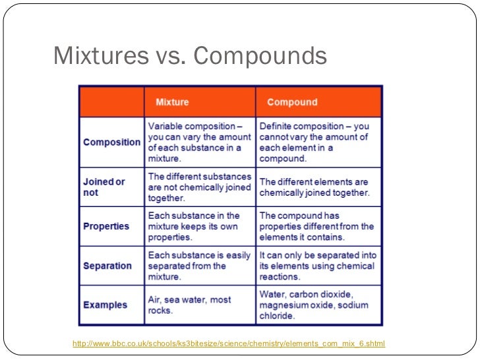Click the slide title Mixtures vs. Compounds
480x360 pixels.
click(x=190, y=56)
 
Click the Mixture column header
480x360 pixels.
click(x=172, y=102)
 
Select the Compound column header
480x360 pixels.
click(x=292, y=102)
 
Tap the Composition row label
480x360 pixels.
click(x=111, y=142)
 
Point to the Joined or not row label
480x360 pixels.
click(x=104, y=187)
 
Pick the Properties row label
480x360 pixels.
click(x=106, y=226)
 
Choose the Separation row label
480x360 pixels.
click(x=107, y=266)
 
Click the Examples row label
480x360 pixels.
click(x=105, y=305)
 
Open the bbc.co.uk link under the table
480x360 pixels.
click(x=228, y=344)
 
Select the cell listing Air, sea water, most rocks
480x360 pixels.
click(x=189, y=305)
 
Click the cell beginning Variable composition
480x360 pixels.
click(x=199, y=142)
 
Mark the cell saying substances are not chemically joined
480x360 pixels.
click(x=199, y=187)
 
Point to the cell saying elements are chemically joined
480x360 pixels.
click(x=315, y=187)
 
